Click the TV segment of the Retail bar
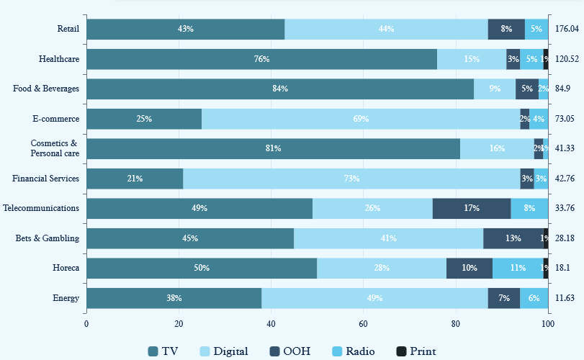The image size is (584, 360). pos(185,29)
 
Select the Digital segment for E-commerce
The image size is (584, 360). pos(361,119)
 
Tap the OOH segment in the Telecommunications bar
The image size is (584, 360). pos(472,208)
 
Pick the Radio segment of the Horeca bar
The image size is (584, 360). pos(518,268)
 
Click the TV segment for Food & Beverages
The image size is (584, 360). pos(280,89)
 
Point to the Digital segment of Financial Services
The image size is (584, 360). pos(351,179)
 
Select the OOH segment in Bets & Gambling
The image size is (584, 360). pos(513,238)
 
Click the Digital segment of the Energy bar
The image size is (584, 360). pos(374,298)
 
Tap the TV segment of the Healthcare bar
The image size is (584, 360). pos(261,59)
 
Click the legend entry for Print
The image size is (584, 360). pos(416,351)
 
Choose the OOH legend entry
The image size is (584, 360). pos(288,351)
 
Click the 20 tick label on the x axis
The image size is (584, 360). pos(179,324)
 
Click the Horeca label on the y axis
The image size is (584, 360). pos(66,268)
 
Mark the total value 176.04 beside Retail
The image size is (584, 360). pos(567,29)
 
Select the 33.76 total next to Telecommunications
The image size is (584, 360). pos(565,208)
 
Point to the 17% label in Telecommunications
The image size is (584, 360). pos(472,208)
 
